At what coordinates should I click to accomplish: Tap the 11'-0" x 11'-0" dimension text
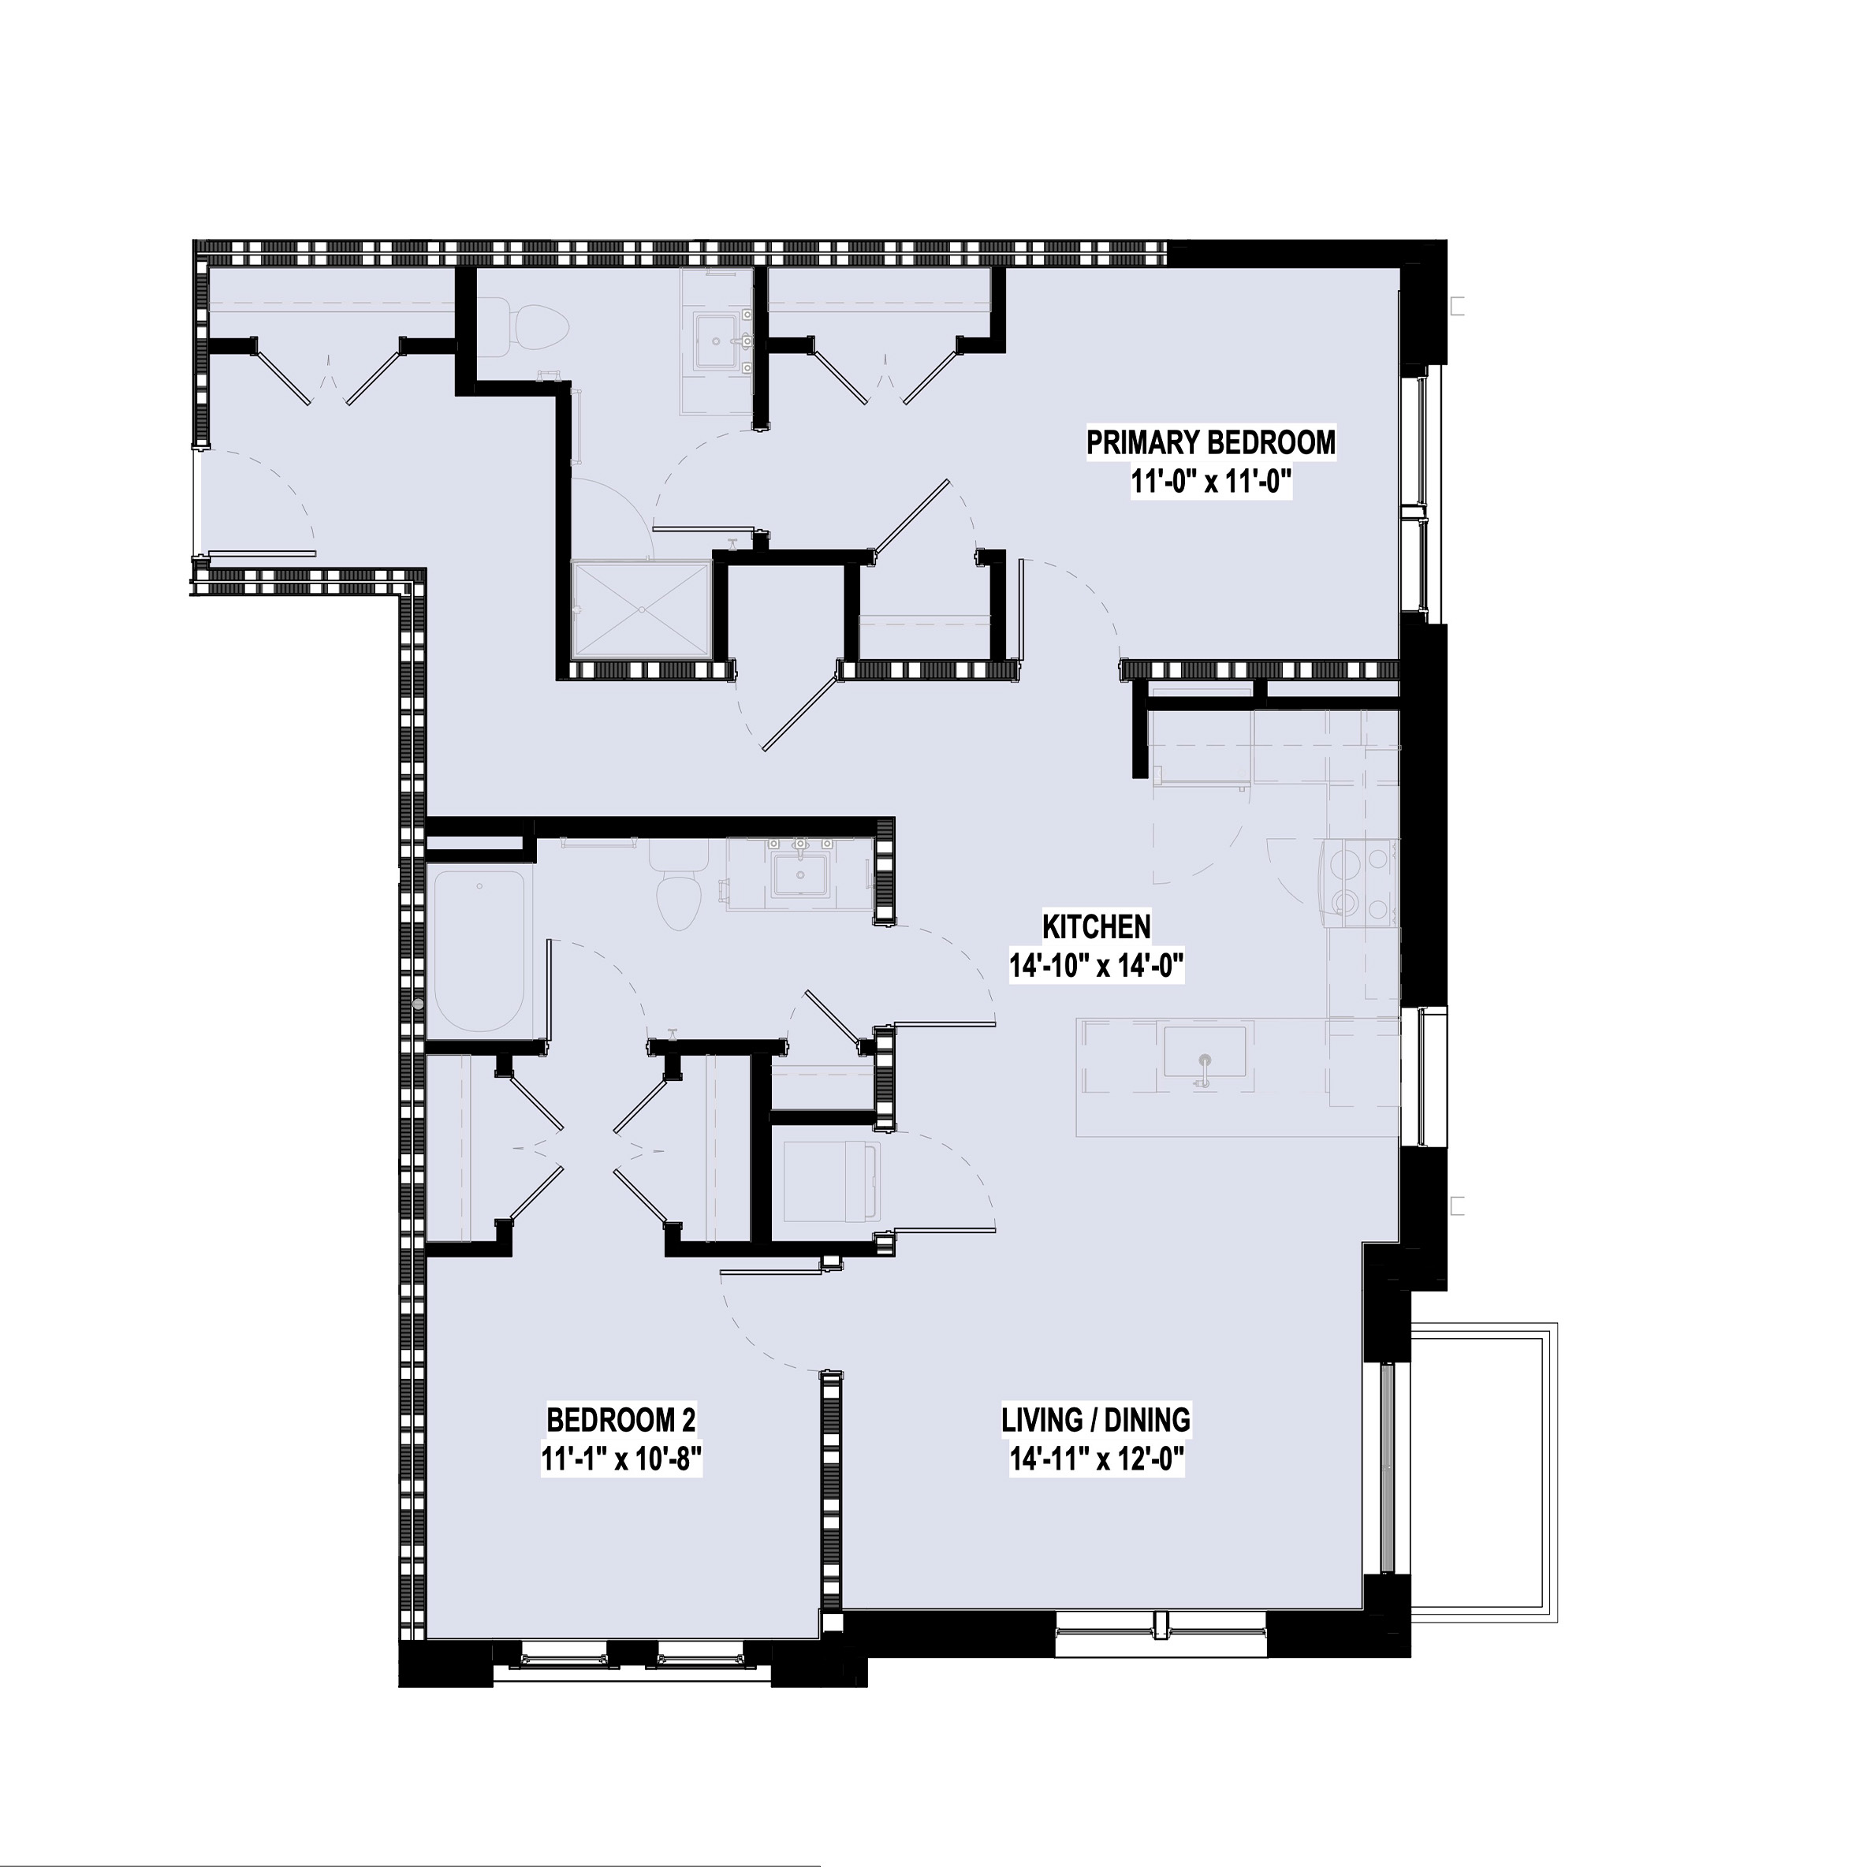pyautogui.click(x=1211, y=483)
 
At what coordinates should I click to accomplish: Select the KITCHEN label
pyautogui.click(x=1096, y=926)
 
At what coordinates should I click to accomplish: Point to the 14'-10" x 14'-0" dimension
pyautogui.click(x=1096, y=967)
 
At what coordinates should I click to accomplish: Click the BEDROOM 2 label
pyautogui.click(x=620, y=1420)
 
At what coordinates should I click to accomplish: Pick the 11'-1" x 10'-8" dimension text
pyautogui.click(x=620, y=1459)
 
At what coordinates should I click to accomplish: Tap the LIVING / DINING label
pyautogui.click(x=1096, y=1420)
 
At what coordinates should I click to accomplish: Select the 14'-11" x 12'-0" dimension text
pyautogui.click(x=1096, y=1459)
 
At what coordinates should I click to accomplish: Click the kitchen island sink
pyautogui.click(x=1204, y=1054)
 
